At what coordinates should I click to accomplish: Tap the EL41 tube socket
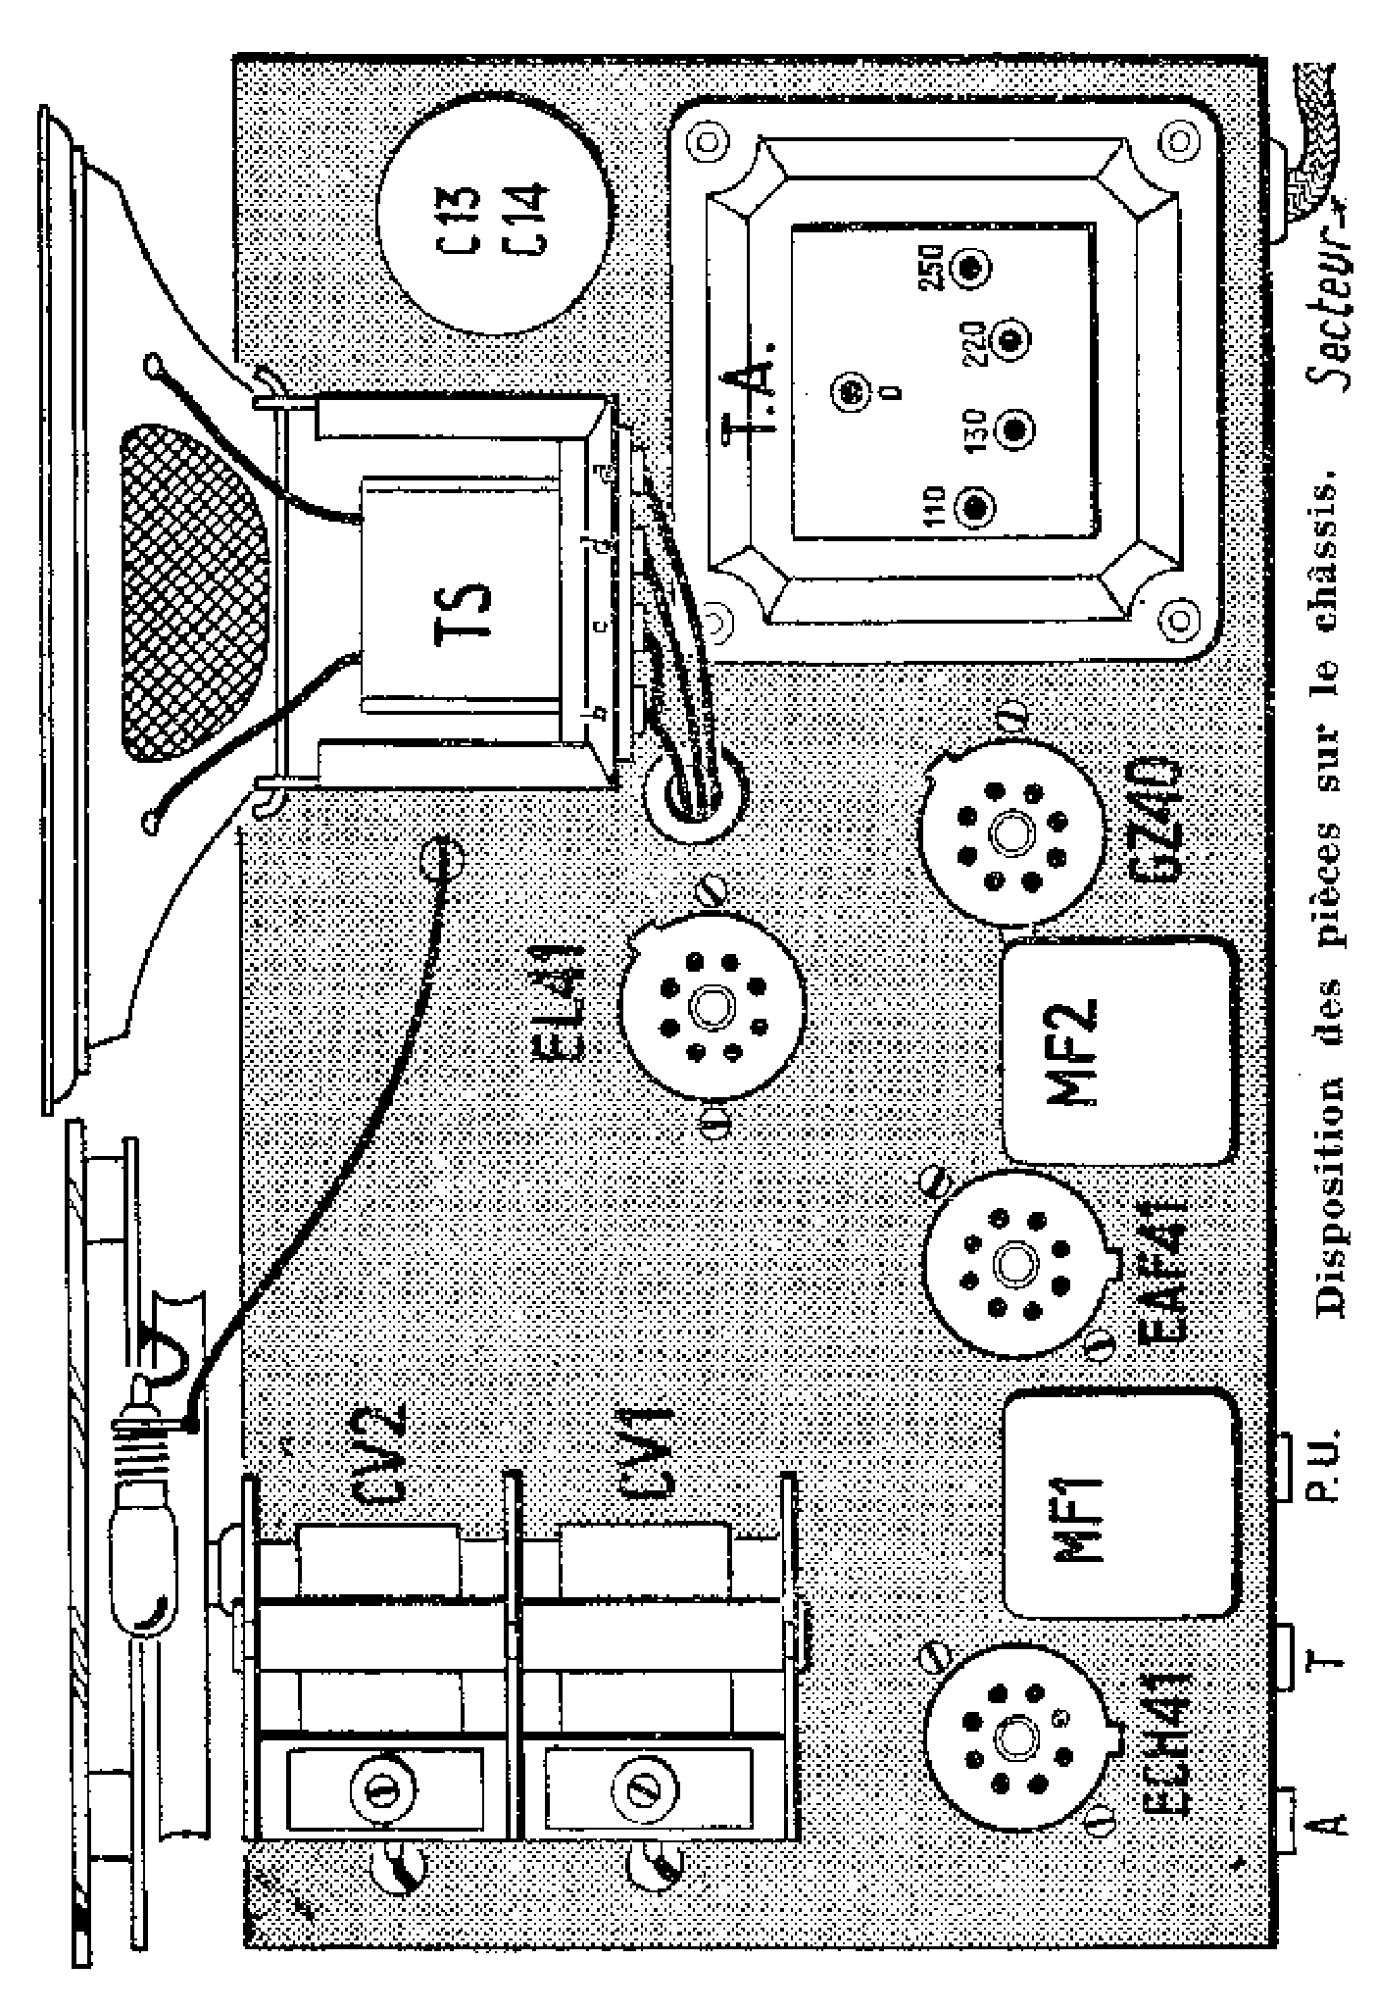[713, 1004]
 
